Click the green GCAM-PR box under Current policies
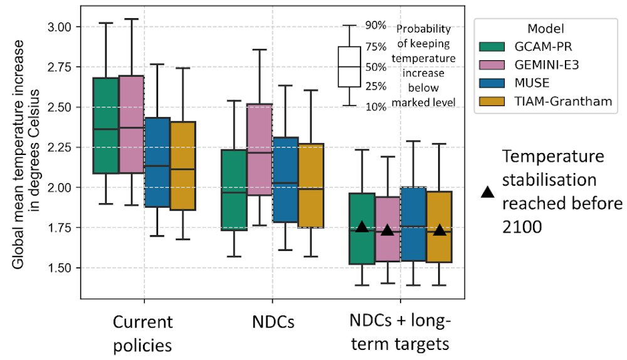(x=106, y=125)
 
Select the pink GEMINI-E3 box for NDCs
(x=260, y=150)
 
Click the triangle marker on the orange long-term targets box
(x=440, y=230)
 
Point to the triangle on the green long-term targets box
(x=362, y=227)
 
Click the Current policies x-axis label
(x=144, y=334)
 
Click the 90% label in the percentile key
(x=375, y=26)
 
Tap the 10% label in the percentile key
(x=375, y=107)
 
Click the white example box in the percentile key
(x=349, y=66)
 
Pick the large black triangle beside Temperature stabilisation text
(x=487, y=193)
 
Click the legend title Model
(x=544, y=29)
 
